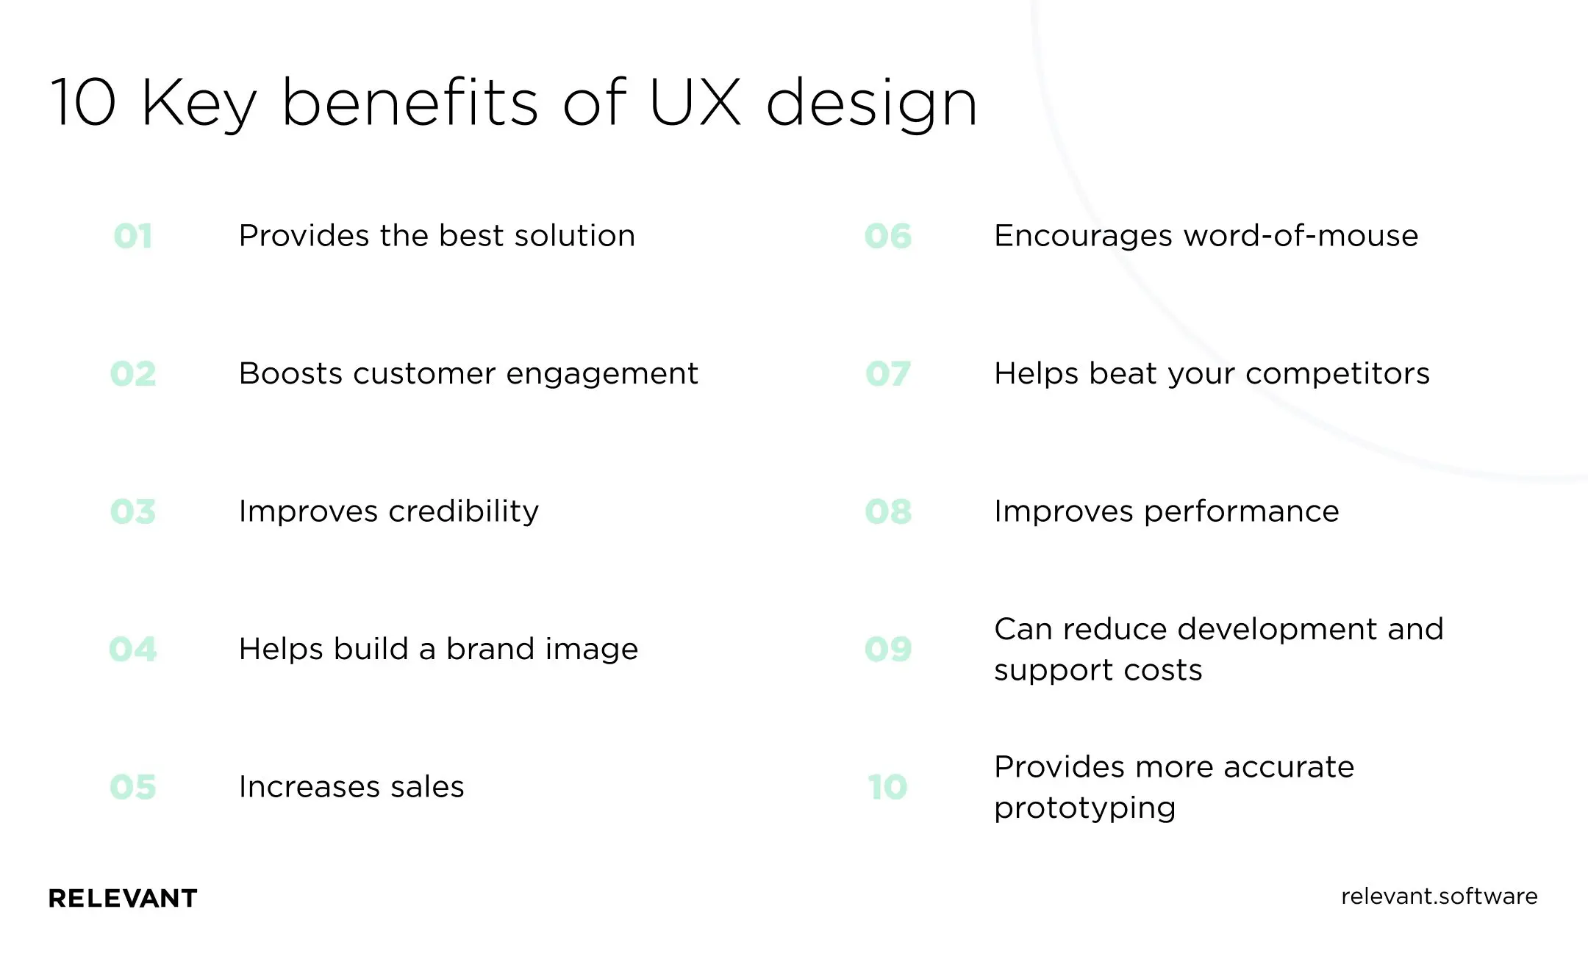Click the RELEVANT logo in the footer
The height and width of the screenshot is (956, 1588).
(x=123, y=898)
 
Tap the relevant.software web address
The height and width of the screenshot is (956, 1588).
(x=1439, y=896)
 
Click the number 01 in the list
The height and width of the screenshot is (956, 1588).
(x=133, y=237)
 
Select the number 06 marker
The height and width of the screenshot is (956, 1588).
(x=888, y=237)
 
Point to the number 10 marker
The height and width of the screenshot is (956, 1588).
(x=887, y=787)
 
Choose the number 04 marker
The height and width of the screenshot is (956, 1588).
(x=133, y=650)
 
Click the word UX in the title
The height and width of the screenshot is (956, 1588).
(x=695, y=102)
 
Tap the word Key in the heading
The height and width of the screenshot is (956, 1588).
(x=198, y=104)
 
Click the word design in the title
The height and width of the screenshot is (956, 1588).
(x=871, y=104)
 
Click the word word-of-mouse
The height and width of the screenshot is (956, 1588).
(x=1301, y=236)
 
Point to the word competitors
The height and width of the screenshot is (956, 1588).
(x=1337, y=374)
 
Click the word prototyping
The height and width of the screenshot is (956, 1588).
(x=1084, y=808)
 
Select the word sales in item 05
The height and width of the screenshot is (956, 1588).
(x=427, y=787)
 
